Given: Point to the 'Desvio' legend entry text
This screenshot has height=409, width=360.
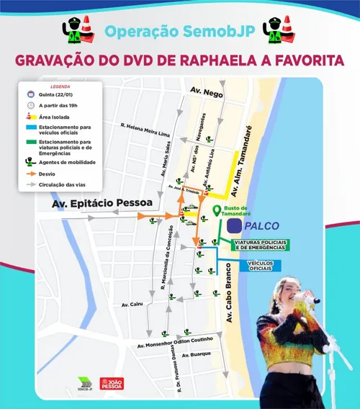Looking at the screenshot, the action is tap(46, 174).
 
